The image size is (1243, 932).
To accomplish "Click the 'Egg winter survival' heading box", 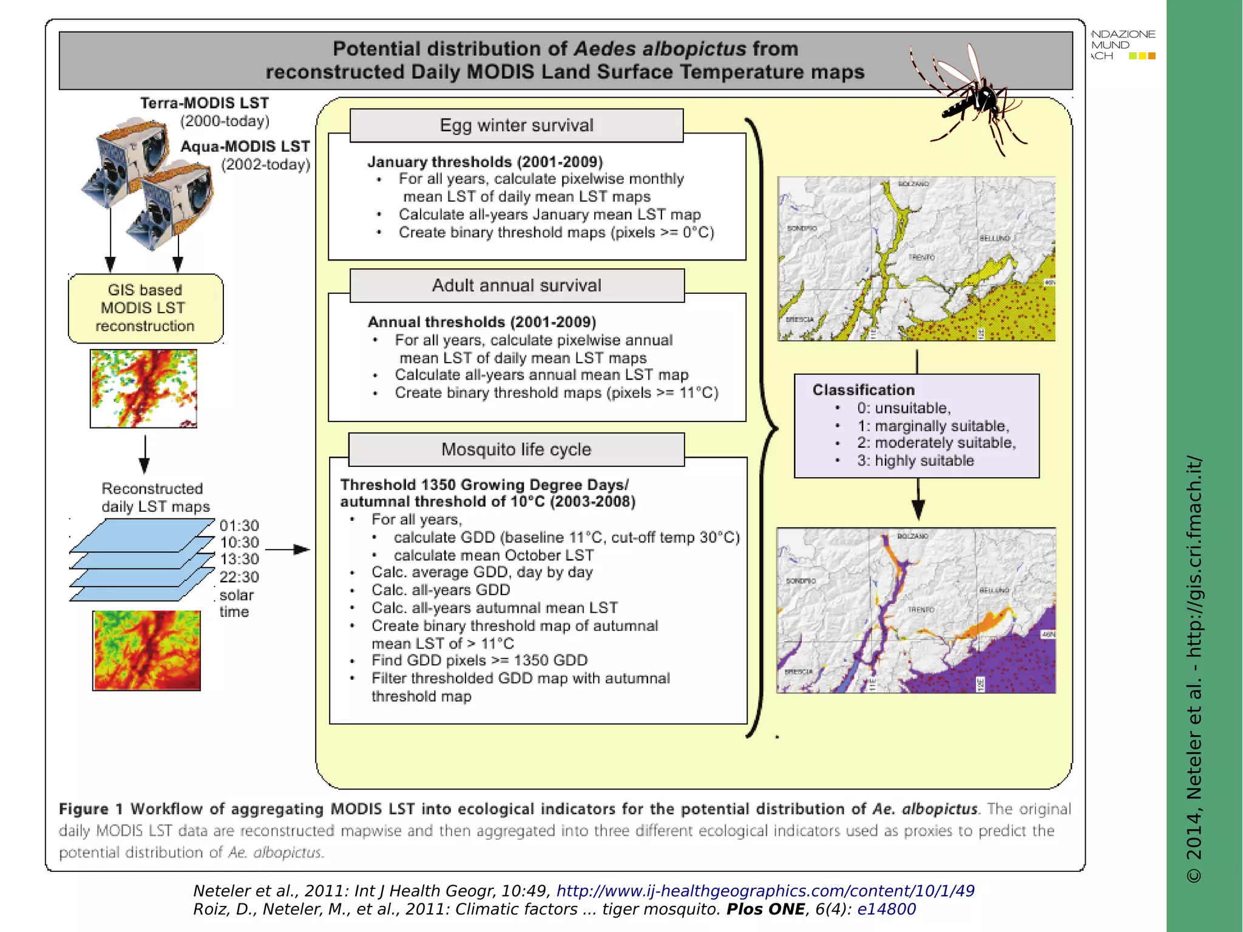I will click(517, 126).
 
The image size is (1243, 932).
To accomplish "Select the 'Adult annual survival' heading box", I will click(517, 285).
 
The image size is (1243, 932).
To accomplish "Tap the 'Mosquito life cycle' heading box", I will click(517, 449).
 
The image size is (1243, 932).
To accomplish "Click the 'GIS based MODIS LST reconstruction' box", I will click(146, 308).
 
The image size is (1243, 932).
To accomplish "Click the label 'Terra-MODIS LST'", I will click(205, 103).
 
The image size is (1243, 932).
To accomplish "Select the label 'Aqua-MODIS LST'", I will click(245, 146).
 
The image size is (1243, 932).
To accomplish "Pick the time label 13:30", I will click(239, 559).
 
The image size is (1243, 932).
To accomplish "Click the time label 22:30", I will click(239, 577).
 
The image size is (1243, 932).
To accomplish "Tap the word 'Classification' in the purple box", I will click(863, 390).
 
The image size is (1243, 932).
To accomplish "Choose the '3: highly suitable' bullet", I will click(915, 461).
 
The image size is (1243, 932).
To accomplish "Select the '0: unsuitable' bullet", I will click(903, 408).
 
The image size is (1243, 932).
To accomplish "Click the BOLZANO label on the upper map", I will click(913, 183).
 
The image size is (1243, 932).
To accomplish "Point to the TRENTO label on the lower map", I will click(921, 609).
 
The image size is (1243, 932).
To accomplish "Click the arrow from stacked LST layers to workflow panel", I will click(288, 549).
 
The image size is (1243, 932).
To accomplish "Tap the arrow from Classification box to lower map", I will click(918, 500).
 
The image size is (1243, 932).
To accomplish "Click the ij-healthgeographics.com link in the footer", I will click(765, 891).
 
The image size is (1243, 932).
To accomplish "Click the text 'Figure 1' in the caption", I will click(91, 809).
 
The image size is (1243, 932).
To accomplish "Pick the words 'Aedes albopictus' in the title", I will click(659, 49).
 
